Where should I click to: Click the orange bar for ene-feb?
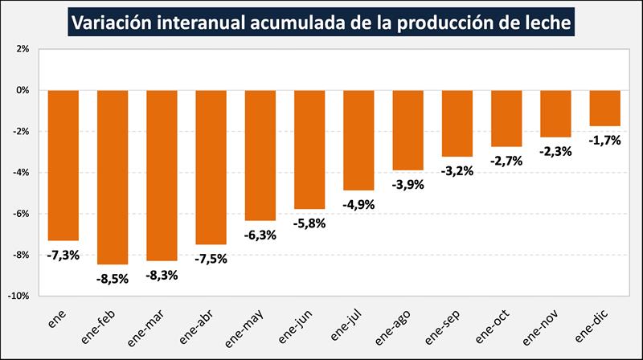click(x=113, y=177)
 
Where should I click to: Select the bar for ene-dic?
click(x=604, y=108)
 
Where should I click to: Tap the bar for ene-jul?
click(x=358, y=140)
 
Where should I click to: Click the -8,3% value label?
click(x=162, y=275)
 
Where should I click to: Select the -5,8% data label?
click(x=309, y=223)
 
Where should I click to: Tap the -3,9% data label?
click(x=408, y=184)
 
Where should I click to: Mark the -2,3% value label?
click(x=555, y=151)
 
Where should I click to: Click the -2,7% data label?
click(x=506, y=161)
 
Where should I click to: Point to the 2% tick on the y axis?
click(x=23, y=49)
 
